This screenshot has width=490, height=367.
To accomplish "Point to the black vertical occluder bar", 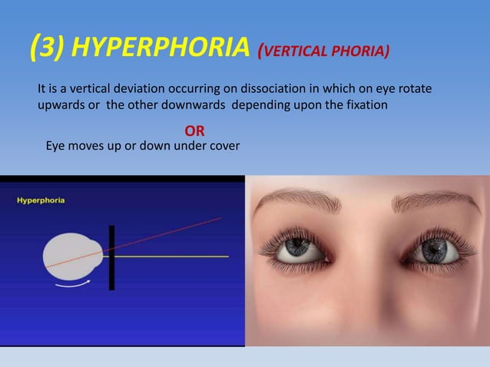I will [x=111, y=257].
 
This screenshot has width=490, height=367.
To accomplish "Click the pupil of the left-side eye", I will [x=295, y=249].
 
